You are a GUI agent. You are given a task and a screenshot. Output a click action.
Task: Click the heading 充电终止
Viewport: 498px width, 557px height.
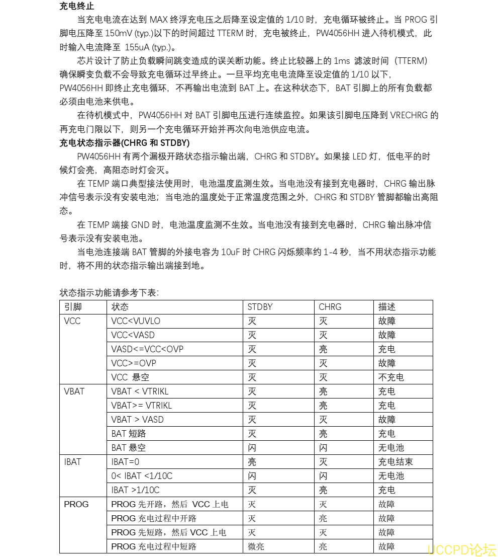point(76,7)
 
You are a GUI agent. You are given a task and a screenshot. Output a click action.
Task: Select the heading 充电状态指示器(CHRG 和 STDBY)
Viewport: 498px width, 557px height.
point(124,143)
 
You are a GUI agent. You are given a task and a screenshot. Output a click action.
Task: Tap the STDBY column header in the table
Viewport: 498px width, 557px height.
point(260,307)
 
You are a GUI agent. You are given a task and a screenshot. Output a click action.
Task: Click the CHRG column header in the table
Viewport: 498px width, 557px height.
point(330,307)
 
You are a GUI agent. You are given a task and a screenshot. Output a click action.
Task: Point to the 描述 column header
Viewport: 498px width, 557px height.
point(386,307)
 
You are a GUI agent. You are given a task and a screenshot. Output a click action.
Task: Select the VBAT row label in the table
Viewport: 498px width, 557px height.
point(74,391)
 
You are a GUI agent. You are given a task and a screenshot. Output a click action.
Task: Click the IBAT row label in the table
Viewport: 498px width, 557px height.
point(72,462)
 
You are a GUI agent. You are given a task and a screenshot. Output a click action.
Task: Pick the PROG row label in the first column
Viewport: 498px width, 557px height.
point(76,504)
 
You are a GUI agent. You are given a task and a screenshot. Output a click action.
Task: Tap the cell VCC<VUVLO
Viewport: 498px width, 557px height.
point(136,321)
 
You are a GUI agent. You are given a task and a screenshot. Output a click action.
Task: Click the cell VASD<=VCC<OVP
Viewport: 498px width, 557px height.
point(147,349)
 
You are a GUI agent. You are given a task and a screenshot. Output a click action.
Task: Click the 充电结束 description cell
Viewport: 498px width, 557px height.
point(395,462)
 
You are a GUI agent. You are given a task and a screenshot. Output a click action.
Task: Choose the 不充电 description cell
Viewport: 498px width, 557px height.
point(391,377)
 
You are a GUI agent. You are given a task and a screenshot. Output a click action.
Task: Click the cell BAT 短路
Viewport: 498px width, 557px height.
point(129,434)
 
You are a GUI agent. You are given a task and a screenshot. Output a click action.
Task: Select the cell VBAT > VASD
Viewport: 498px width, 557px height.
point(137,420)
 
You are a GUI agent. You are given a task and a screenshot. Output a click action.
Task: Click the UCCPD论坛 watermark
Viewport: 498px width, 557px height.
point(461,549)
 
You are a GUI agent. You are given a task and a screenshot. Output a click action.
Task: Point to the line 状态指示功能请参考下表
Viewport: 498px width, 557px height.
point(109,292)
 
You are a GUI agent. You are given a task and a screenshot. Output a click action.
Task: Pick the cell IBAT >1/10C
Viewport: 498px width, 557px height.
point(135,490)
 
